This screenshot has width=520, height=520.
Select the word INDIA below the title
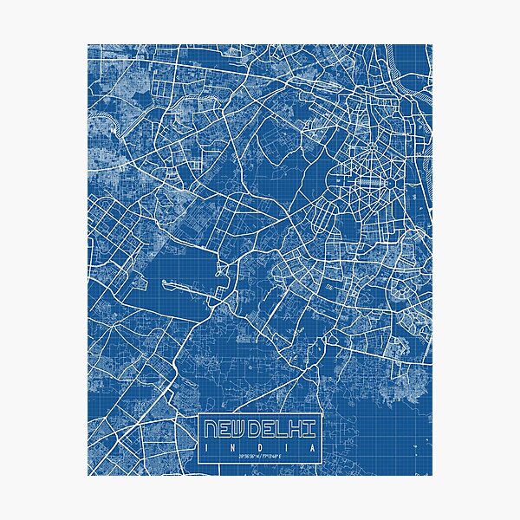point(259,446)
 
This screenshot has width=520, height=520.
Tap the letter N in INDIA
point(231,446)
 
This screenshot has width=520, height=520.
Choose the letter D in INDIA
point(259,446)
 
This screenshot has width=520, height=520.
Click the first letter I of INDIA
point(205,446)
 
